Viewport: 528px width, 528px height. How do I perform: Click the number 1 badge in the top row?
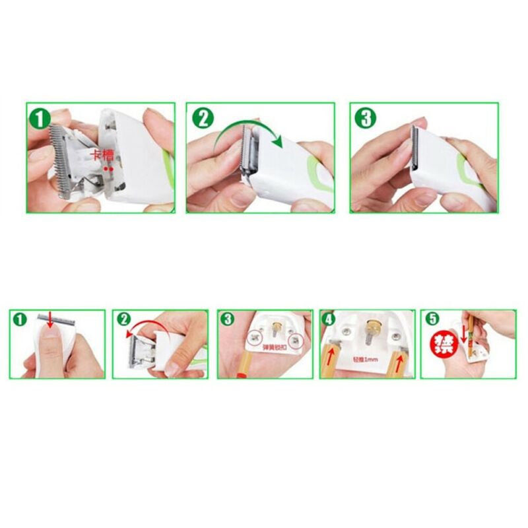40,119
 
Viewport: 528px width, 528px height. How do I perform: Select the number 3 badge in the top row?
364,119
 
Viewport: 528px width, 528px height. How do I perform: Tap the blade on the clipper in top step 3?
416,148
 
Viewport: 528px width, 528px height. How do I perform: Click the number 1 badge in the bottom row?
20,320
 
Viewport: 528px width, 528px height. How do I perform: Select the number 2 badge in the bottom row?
123,319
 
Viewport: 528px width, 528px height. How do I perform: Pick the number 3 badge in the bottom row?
228,319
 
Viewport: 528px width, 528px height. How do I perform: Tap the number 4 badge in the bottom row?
329,319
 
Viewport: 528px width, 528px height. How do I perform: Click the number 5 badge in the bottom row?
432,319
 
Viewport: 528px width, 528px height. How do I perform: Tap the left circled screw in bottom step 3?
255,339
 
